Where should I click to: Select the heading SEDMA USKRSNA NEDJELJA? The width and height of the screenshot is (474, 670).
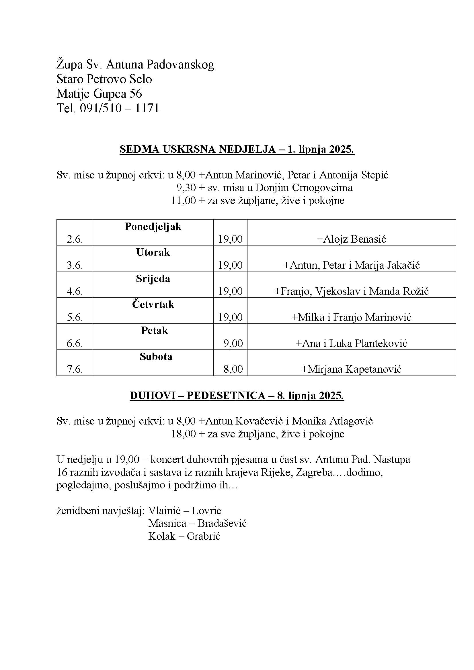coord(197,150)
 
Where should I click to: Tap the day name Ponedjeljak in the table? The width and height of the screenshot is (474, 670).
coord(153,227)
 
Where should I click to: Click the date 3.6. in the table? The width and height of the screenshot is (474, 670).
coord(75,265)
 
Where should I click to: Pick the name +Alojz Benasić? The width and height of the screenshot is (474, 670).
coord(351,239)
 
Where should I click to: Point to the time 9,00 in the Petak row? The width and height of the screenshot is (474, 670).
coord(233,343)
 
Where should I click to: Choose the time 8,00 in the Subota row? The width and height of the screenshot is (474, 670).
coord(233,369)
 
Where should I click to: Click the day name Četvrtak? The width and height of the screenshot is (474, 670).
coord(153,305)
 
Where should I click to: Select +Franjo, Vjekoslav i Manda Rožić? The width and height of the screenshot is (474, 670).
coord(351,291)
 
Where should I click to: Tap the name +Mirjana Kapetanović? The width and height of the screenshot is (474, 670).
coord(351,370)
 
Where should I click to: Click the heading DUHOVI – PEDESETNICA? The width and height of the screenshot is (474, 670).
coord(197,396)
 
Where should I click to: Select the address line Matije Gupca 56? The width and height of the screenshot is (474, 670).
coord(99,94)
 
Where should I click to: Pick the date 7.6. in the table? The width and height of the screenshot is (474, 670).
coord(75,370)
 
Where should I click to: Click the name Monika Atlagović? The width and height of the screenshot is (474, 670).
coord(332,421)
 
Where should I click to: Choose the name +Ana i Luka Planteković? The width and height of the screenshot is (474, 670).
coord(351,343)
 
